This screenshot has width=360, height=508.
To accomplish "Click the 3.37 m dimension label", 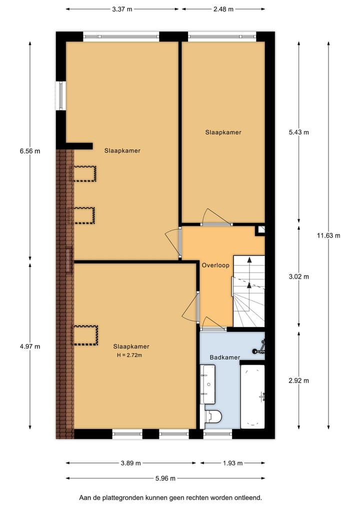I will pyautogui.click(x=122, y=9).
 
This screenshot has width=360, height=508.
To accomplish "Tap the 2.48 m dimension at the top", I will pyautogui.click(x=223, y=9).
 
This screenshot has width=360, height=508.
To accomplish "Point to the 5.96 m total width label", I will pyautogui.click(x=165, y=478).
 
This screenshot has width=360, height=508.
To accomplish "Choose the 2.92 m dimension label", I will pyautogui.click(x=299, y=381).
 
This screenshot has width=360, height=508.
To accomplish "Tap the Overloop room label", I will pyautogui.click(x=215, y=265).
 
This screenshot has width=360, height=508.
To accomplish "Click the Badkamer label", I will pyautogui.click(x=224, y=358).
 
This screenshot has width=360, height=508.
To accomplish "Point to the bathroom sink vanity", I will pyautogui.click(x=207, y=384).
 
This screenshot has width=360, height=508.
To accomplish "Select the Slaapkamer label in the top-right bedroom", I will pyautogui.click(x=223, y=132).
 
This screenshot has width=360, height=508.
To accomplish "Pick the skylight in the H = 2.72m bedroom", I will pyautogui.click(x=85, y=335).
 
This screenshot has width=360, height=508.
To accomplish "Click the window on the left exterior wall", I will pyautogui.click(x=61, y=95).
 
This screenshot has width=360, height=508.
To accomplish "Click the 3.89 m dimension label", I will pyautogui.click(x=131, y=463).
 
